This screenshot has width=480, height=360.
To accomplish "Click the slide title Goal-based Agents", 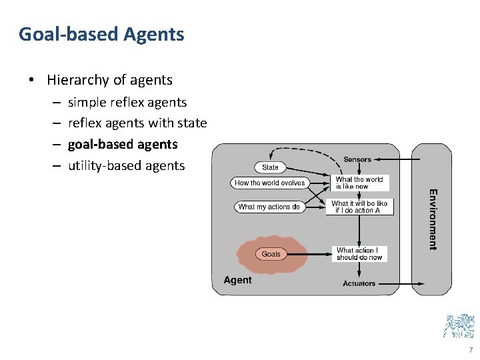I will [101, 34].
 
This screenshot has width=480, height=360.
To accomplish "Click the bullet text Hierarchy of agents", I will [109, 80].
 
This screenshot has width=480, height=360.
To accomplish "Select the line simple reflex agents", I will [127, 102].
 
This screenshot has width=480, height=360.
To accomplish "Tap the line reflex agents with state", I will [137, 123].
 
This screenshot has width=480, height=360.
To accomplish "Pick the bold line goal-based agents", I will [123, 144].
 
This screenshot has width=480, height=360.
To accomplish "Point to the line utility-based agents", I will [126, 165].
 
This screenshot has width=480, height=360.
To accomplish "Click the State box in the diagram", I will [270, 167].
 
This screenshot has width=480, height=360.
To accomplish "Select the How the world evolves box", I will [269, 183].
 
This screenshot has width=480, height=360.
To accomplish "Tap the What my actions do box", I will [269, 207].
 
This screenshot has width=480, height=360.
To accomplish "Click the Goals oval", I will [271, 254].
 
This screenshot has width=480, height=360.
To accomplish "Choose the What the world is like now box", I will [359, 183].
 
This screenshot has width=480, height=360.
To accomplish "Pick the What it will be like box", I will [359, 207].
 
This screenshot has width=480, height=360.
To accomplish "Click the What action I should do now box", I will [359, 254].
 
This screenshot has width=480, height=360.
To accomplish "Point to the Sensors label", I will [357, 159].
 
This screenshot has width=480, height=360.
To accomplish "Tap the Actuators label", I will [359, 284].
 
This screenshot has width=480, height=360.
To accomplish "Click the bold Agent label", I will [237, 280].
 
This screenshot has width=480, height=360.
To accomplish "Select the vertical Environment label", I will [433, 219].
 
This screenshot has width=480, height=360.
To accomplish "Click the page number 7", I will [471, 350].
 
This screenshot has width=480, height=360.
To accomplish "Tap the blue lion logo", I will [459, 325].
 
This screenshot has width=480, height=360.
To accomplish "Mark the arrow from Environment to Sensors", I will [393, 160].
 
